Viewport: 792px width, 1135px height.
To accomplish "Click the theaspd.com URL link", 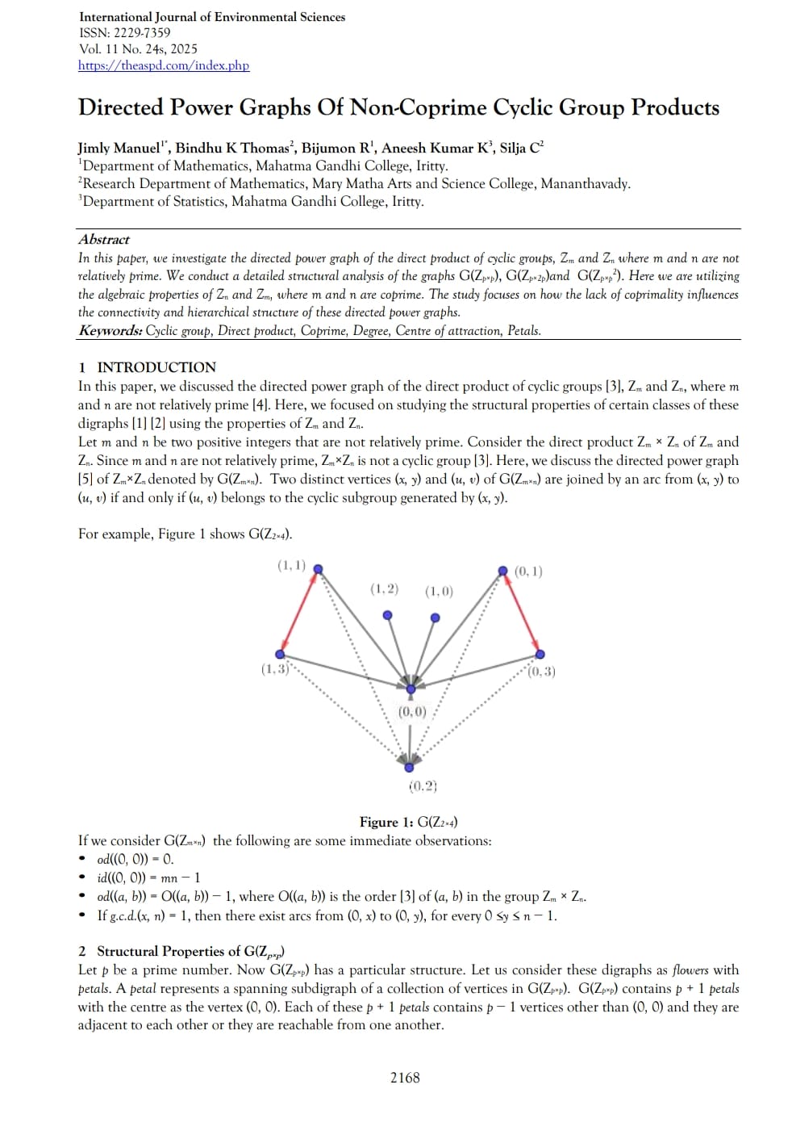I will pyautogui.click(x=164, y=65).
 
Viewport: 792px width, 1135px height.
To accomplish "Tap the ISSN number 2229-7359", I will pyautogui.click(x=142, y=33).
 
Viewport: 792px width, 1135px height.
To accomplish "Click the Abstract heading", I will pyautogui.click(x=104, y=240).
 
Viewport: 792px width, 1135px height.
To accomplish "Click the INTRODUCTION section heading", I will pyautogui.click(x=156, y=367).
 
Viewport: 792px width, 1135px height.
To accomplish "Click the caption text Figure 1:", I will pyautogui.click(x=386, y=823).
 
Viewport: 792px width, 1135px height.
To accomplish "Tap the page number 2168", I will pyautogui.click(x=405, y=1078).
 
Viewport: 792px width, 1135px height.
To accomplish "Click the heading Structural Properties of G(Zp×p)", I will pyautogui.click(x=190, y=952).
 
